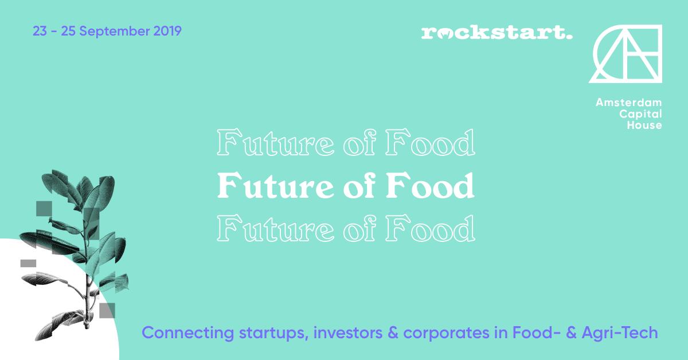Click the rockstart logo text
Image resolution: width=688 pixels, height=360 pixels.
pyautogui.click(x=497, y=33)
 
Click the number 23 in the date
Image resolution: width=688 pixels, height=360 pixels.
pyautogui.click(x=40, y=31)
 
